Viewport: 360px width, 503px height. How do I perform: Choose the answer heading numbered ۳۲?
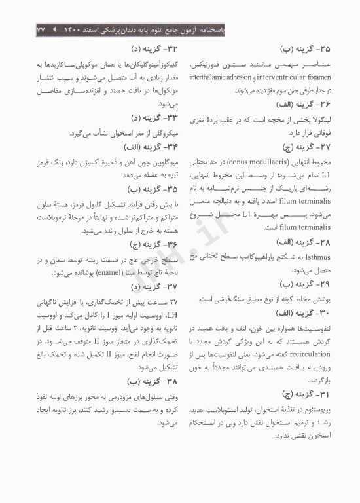(149, 48)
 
